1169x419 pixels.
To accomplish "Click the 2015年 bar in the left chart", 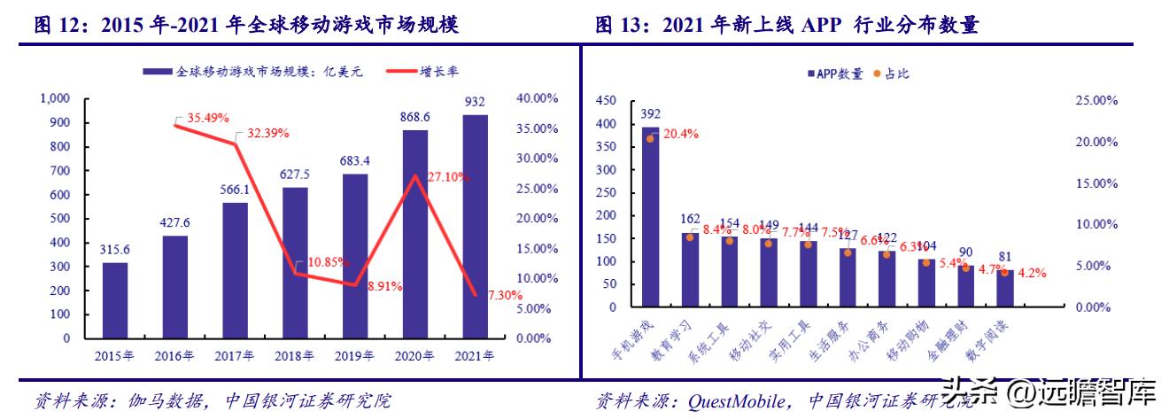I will click(114, 300).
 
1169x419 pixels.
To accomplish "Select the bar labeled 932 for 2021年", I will click(476, 227).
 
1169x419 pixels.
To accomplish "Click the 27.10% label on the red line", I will click(446, 177).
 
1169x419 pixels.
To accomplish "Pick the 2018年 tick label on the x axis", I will click(295, 356).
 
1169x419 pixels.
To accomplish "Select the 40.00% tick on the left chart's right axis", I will click(536, 97).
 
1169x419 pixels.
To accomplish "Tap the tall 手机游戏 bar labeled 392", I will click(651, 217).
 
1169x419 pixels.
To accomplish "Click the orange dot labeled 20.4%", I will click(650, 138).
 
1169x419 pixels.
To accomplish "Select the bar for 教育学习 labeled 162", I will click(689, 269).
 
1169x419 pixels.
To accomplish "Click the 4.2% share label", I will click(1032, 273).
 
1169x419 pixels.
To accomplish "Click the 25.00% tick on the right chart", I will click(1096, 101).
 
